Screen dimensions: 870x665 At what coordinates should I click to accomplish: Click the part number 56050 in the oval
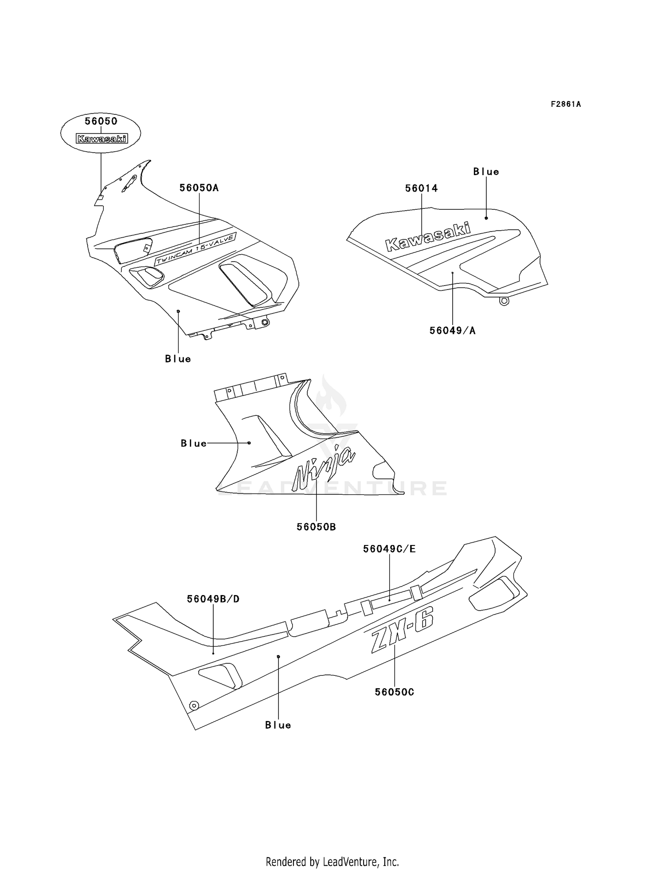pos(101,121)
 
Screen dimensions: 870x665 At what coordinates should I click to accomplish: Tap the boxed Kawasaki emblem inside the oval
pos(102,139)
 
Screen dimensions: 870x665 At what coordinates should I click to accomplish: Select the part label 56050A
pos(199,188)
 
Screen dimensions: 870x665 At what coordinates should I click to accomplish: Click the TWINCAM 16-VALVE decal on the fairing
pos(195,250)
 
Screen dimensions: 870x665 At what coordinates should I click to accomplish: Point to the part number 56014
pos(421,188)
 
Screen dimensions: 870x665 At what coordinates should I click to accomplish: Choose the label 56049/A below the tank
pos(452,330)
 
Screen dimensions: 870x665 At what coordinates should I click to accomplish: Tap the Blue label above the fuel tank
pos(486,172)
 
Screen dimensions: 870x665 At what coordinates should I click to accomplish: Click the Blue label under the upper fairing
pos(178,359)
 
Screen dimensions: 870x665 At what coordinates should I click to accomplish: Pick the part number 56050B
pos(316,527)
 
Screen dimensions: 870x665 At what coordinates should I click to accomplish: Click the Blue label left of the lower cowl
pos(194,443)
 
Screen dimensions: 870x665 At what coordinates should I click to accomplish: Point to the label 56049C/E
pos(389,549)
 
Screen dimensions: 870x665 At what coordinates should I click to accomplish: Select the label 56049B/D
pos(213,599)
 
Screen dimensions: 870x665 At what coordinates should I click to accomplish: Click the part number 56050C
pos(394,692)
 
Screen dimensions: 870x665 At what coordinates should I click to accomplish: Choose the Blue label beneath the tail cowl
pos(278,725)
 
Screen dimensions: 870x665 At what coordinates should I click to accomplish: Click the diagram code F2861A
pos(566,104)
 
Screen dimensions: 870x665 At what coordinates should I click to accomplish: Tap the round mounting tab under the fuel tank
pos(504,302)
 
